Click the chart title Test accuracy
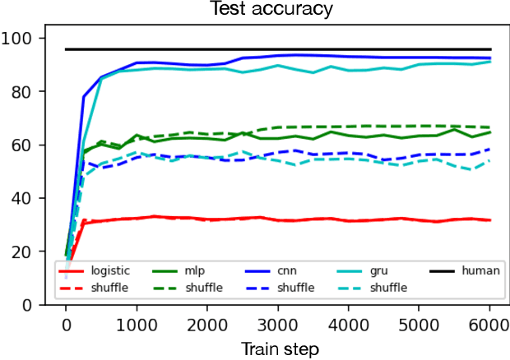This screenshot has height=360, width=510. [278, 9]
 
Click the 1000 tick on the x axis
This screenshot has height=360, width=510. [136, 324]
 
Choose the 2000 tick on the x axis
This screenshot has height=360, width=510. [206, 324]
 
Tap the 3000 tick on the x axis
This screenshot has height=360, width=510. [277, 324]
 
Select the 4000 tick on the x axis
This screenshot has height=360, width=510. [348, 324]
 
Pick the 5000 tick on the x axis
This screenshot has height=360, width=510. [419, 324]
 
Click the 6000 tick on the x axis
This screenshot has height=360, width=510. [489, 324]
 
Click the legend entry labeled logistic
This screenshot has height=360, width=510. [109, 270]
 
